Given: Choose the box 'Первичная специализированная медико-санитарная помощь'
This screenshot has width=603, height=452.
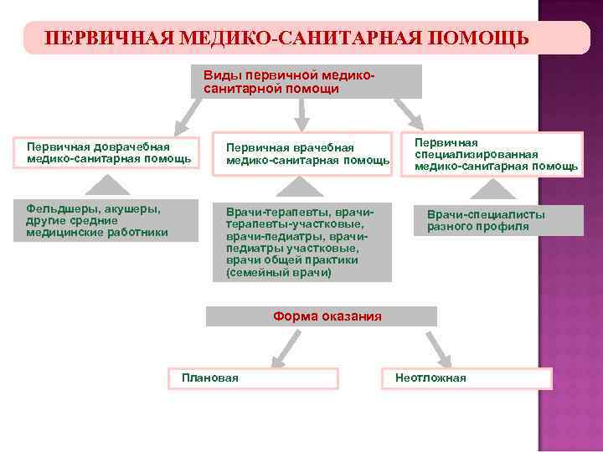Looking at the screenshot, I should (x=494, y=154).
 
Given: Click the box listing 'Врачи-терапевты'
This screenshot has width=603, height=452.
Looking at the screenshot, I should (x=301, y=241).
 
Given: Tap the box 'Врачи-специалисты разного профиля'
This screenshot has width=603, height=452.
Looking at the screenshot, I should (x=498, y=220).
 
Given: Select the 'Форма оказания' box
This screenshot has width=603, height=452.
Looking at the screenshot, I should (x=322, y=316).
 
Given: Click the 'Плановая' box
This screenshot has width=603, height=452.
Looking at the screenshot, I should (x=253, y=378).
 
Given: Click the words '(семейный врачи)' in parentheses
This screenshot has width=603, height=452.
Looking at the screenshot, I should (x=278, y=273).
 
